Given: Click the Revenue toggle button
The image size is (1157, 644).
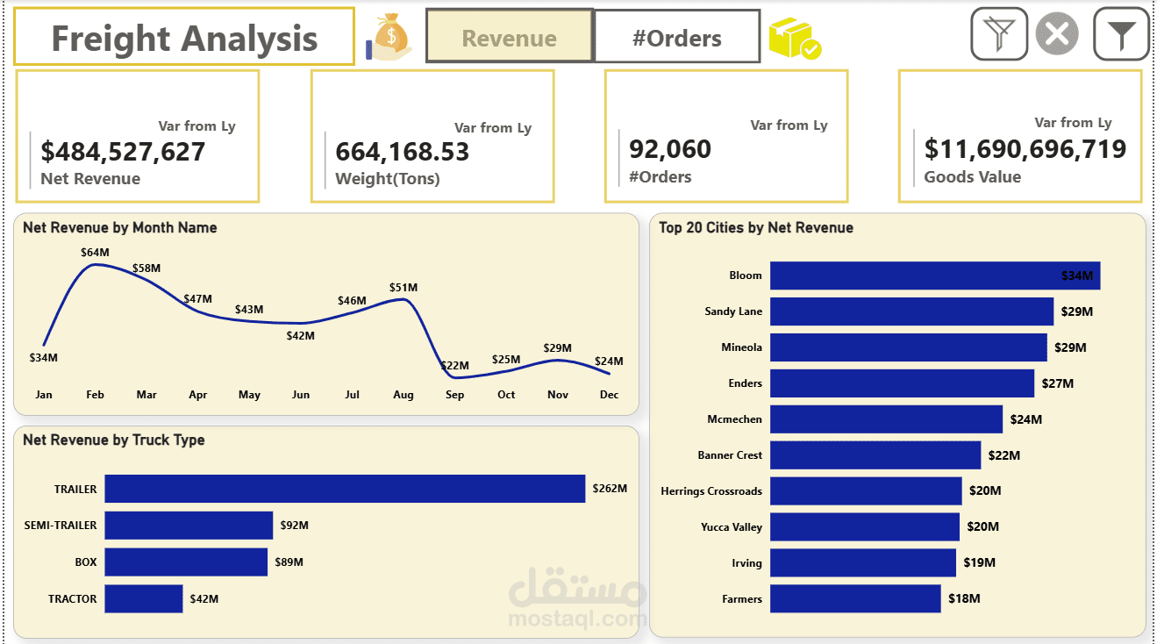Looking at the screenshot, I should pos(509,38).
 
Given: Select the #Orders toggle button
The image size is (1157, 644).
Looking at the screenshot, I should pos(676,38).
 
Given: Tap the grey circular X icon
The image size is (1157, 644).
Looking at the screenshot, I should pos(1057,35).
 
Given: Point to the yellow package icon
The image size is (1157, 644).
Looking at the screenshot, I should pos(794,39).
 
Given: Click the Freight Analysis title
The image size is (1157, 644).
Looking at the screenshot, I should pos(184,39).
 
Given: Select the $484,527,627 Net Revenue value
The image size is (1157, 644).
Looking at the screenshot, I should pos(123,152).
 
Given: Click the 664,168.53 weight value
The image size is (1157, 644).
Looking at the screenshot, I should pos(403,152).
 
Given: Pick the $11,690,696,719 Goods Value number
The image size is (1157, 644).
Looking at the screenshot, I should pos(1025,149).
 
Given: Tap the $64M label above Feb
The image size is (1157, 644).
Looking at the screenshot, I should pos(95,253).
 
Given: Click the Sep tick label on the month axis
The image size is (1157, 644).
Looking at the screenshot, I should pos(454,395).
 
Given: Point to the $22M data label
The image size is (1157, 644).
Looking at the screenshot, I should pos(454,365).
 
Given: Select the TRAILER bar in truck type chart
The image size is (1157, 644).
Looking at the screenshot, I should pos(344,489).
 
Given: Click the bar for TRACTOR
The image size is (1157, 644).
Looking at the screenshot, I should pos(144,598).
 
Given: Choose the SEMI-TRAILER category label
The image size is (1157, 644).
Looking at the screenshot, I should pos(61,526).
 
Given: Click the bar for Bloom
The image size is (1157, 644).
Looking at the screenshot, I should pos(934,275).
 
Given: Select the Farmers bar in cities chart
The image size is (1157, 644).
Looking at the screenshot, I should pos(855,599).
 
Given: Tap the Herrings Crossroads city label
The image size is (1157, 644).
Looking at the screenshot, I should pos(711,491).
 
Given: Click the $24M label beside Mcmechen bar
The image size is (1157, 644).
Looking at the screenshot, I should pos(1025,419).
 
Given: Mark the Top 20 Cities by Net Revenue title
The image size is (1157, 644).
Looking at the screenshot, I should pos(755,228).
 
